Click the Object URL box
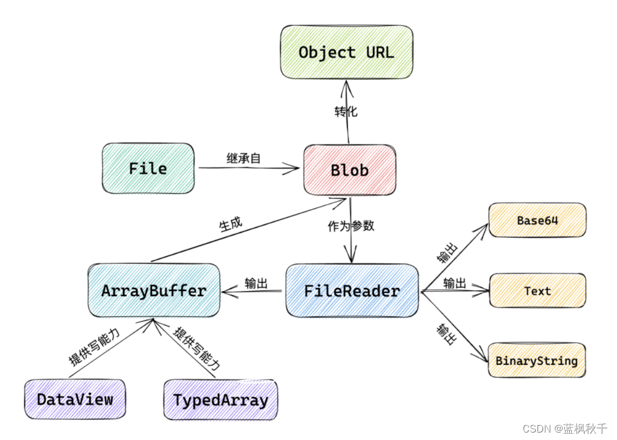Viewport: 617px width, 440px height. (x=346, y=52)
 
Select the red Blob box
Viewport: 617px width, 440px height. (x=349, y=170)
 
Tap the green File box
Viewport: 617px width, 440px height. (x=148, y=168)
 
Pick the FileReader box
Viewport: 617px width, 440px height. (x=352, y=290)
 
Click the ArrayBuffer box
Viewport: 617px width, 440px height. (x=153, y=290)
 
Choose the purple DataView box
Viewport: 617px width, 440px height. (x=74, y=399)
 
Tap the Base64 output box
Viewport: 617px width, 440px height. (x=537, y=220)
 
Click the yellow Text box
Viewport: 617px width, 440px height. (x=537, y=290)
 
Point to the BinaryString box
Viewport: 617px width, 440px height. (x=536, y=361)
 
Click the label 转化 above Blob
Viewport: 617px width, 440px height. (x=346, y=112)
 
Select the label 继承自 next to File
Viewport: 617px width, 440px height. (x=243, y=158)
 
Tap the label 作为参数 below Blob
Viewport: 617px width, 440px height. (x=351, y=226)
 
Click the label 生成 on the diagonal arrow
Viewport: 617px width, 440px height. (x=230, y=223)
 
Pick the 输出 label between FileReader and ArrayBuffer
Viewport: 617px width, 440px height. (x=256, y=284)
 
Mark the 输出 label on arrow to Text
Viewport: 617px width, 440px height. (x=454, y=284)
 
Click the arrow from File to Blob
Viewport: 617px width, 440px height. (x=248, y=168)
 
